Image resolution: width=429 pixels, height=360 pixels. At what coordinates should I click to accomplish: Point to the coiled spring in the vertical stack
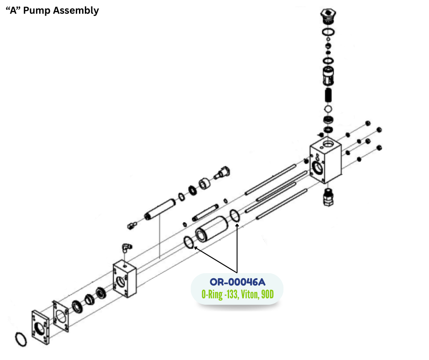(x=327, y=95)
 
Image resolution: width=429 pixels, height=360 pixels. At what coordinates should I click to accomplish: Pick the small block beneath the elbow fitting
(x=125, y=279)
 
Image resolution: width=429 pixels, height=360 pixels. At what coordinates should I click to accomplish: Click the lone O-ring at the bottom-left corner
(x=21, y=339)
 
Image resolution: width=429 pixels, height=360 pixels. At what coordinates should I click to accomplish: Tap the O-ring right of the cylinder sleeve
(x=235, y=217)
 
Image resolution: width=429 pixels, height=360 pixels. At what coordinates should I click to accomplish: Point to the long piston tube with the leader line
(x=160, y=210)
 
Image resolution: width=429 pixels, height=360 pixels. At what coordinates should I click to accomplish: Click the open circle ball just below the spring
(x=327, y=109)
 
